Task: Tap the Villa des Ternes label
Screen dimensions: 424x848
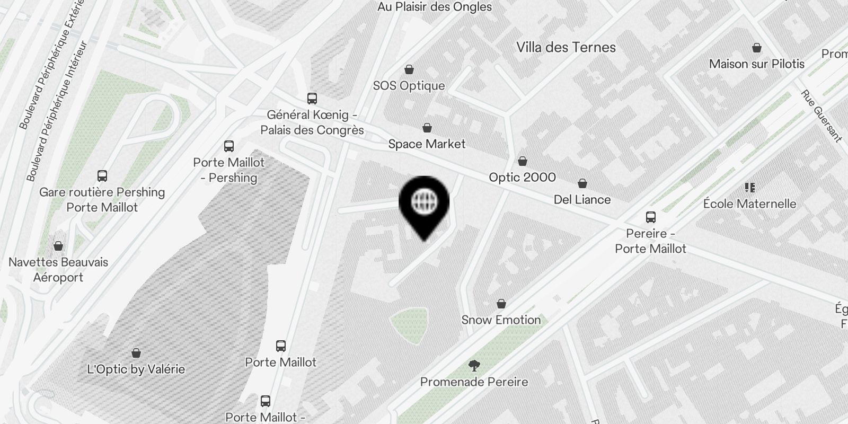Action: (566, 47)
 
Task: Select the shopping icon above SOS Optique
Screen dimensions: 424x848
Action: (409, 69)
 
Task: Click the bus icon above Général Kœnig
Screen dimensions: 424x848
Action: (312, 99)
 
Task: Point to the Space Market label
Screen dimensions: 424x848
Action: (427, 144)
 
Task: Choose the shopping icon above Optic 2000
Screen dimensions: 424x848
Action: (523, 161)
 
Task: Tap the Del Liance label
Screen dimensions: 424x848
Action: (582, 199)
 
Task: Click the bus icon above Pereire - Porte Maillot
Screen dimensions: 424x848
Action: (651, 217)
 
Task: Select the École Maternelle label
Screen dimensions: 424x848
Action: (749, 204)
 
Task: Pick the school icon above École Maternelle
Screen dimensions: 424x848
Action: (749, 187)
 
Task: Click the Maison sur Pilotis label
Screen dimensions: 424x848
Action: (756, 64)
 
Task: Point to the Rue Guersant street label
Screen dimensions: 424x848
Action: (821, 116)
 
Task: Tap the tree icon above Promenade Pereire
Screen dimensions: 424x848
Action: (474, 365)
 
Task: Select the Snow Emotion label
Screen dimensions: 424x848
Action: (501, 320)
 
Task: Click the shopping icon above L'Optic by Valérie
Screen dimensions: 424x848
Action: (136, 353)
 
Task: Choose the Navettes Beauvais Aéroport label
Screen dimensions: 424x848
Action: (58, 269)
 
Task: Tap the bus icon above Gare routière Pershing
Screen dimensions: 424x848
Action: (102, 176)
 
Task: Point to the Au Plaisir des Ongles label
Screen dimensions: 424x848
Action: (435, 7)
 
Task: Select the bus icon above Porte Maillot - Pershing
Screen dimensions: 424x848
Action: (229, 146)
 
